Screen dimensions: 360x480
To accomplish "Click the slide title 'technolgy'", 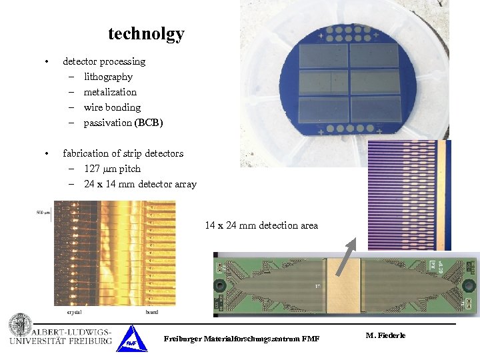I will (x=146, y=34).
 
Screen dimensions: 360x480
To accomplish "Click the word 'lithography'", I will (x=108, y=77).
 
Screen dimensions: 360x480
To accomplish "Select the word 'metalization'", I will (x=110, y=92).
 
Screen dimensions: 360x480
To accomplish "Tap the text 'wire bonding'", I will (x=112, y=107).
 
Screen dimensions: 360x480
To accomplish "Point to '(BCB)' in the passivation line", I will (x=149, y=123).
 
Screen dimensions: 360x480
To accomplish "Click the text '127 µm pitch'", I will (x=112, y=169).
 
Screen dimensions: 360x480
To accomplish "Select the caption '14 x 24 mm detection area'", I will (x=261, y=225).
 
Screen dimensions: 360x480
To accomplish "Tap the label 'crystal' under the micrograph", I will (x=74, y=311).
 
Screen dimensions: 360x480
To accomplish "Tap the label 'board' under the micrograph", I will (x=152, y=311).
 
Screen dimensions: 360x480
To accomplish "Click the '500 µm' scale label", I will (x=43, y=213).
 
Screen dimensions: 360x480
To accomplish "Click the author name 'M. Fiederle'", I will (x=385, y=335).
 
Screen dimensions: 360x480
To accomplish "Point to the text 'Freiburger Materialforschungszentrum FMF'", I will (x=241, y=339).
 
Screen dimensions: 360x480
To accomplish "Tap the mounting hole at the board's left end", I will (x=219, y=287).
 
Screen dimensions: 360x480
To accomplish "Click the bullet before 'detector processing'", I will (x=45, y=62).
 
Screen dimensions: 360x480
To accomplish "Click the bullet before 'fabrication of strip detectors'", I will (x=45, y=154).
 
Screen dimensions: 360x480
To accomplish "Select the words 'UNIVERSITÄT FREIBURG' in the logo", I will (x=61, y=341).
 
